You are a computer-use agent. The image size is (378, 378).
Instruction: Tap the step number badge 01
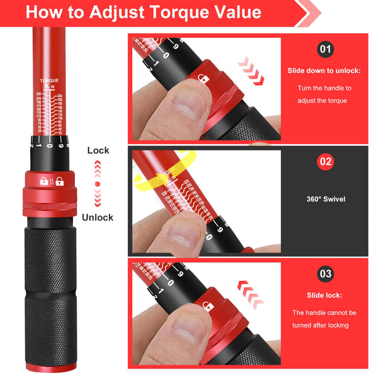[x=325, y=49]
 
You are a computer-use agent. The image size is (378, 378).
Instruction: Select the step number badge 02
[x=325, y=161]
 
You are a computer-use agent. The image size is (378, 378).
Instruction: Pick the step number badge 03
[x=325, y=274]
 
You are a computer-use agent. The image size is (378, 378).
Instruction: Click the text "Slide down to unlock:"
[x=325, y=71]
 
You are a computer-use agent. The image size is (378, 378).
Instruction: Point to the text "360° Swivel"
[x=325, y=199]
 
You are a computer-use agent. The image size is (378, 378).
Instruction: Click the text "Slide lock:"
[x=325, y=295]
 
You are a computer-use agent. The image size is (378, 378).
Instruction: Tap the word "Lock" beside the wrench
[x=98, y=151]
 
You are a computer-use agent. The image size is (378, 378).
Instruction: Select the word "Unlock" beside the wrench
[x=98, y=217]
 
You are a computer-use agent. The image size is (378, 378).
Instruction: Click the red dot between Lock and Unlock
[x=98, y=184]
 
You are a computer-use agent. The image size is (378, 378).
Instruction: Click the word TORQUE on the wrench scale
[x=49, y=81]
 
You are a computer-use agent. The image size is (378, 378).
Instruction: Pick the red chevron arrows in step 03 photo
[x=249, y=292]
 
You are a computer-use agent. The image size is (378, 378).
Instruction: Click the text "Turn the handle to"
[x=325, y=88]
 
